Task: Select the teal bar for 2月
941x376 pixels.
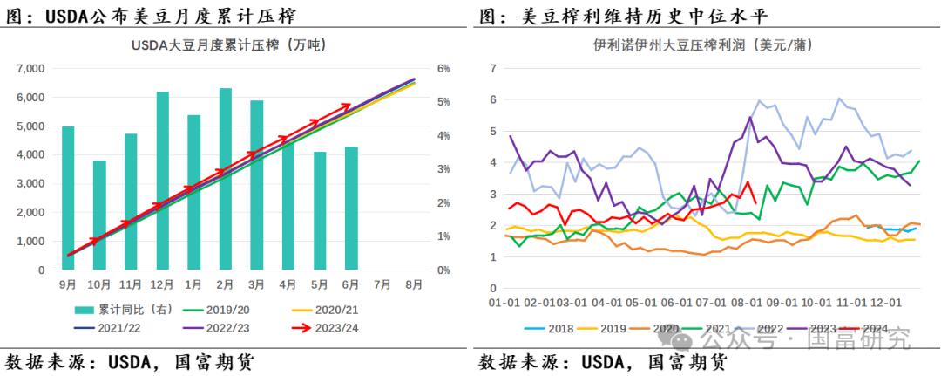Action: [x=226, y=179]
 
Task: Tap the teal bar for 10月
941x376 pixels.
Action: [x=99, y=215]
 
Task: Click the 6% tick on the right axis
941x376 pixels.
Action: [x=443, y=68]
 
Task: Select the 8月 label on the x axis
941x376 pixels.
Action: [x=414, y=284]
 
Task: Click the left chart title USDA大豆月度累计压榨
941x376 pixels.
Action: [x=234, y=46]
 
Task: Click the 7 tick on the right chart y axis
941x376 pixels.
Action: [x=493, y=68]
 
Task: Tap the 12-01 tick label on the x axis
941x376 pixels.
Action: [x=884, y=302]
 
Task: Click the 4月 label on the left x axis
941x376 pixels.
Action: [x=288, y=284]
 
